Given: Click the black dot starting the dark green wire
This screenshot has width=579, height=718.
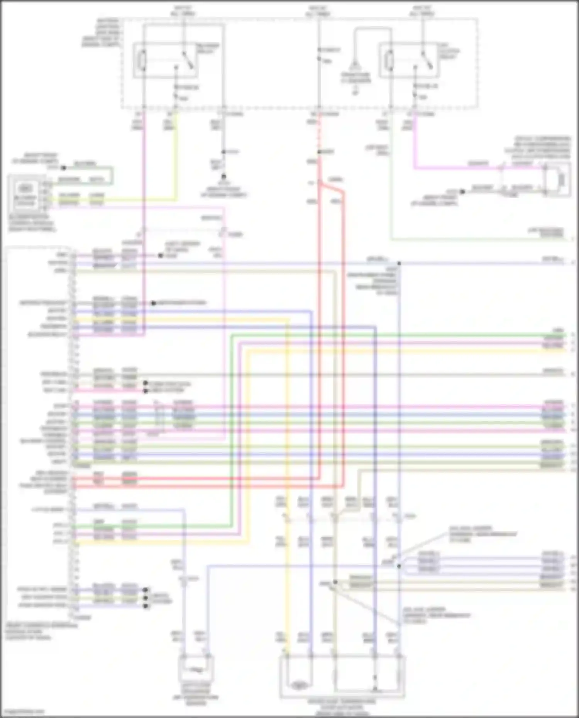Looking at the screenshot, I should tap(64, 168).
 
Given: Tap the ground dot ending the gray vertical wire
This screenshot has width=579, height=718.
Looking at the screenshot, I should tap(223, 176).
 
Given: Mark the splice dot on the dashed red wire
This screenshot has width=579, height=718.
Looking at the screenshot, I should tap(319, 152).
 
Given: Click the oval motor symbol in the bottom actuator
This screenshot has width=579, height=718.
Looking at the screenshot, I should tap(298, 686).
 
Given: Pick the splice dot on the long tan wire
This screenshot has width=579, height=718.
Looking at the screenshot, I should tap(335, 582).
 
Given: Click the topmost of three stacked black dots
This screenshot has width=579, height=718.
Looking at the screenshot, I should tap(146, 590).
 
